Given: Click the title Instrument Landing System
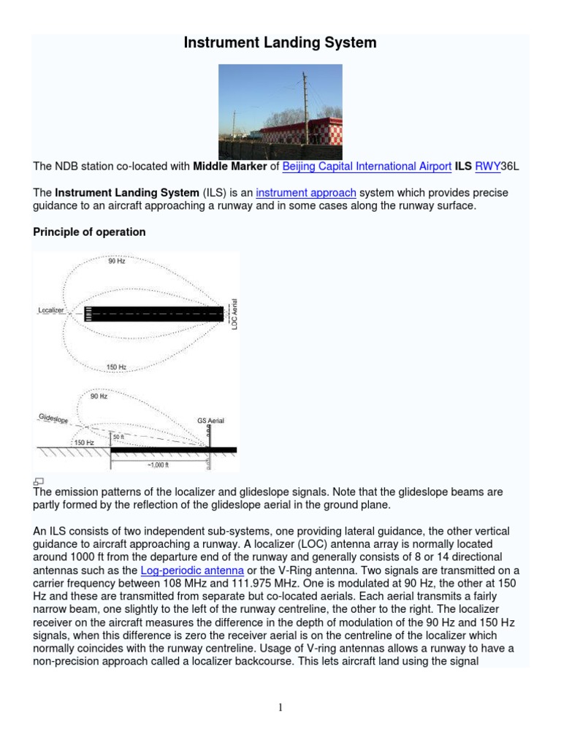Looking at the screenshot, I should [x=280, y=43].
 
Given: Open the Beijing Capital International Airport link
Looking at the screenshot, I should [x=367, y=167].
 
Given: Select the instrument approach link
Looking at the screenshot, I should [x=306, y=193].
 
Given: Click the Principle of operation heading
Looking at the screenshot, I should [x=90, y=232].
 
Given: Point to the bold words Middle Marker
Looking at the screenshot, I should [x=230, y=167].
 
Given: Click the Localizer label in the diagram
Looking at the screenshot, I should [x=51, y=310].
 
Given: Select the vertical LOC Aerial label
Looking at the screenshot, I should [x=234, y=313].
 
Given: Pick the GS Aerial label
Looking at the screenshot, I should [x=210, y=421].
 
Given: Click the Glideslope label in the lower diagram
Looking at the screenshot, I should [x=52, y=417].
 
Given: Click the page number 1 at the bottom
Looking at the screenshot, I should [x=280, y=707].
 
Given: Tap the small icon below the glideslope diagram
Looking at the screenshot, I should [x=39, y=481].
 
